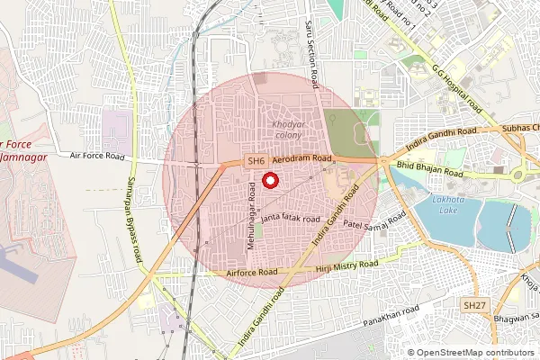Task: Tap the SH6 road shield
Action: coord(256,161)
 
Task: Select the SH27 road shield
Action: coord(474,306)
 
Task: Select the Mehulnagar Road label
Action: coord(249,216)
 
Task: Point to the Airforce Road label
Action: coord(253,272)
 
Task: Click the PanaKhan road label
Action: coord(391,315)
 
